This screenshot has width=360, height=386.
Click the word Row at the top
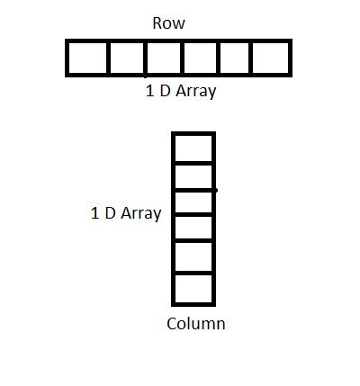coord(168,23)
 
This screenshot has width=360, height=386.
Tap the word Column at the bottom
coord(196,324)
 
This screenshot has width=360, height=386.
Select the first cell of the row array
coord(87,58)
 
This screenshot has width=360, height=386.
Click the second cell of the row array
coord(127,58)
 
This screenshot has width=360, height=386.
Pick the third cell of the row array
coord(164,58)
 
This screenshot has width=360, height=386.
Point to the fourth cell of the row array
coord(200,58)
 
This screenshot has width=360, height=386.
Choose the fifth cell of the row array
coord(235,58)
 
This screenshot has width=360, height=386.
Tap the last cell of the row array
coord(271,58)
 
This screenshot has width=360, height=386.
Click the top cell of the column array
coord(193,148)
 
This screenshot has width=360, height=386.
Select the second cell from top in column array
coord(193,177)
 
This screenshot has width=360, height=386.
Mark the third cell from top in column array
coord(193,202)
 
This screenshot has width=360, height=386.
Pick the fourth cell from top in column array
coord(193,228)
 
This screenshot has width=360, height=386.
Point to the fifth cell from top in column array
coord(193,256)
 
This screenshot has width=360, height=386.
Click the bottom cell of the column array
coord(193,289)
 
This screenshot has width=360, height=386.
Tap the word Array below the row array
coord(196,92)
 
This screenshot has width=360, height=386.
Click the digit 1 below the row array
coord(149,91)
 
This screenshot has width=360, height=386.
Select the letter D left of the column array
coord(110,213)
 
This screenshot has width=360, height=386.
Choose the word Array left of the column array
coord(141,214)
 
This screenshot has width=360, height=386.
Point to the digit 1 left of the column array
coord(94,213)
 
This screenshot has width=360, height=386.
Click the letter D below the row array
coord(165,91)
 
